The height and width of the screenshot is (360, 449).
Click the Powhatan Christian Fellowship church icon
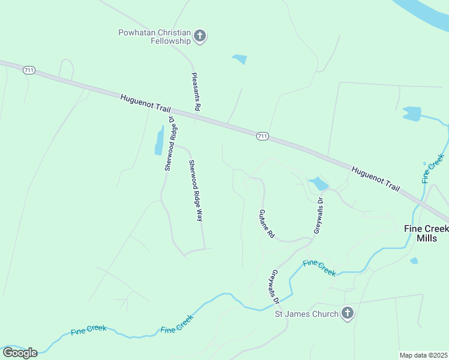(x=200, y=37)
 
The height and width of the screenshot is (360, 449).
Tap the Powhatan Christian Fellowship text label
(x=155, y=37)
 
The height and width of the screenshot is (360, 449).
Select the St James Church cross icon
(x=348, y=313)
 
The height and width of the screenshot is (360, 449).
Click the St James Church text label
(x=307, y=313)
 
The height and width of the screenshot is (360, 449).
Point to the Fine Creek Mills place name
(x=426, y=233)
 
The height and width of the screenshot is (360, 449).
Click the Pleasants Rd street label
(x=195, y=91)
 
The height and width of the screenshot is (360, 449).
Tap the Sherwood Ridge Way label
(x=195, y=191)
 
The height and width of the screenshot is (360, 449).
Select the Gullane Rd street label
(x=266, y=224)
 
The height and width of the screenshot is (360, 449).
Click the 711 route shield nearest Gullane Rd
(x=262, y=136)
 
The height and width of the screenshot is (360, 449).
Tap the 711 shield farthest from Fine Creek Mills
(x=28, y=71)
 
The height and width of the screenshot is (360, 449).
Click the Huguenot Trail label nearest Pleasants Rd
(x=146, y=103)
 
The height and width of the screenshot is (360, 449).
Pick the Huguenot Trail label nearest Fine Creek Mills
(x=375, y=179)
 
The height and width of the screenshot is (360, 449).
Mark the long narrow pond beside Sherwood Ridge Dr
(x=160, y=141)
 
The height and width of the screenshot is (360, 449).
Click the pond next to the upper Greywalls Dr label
(x=318, y=183)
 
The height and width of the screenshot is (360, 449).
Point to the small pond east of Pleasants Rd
(x=240, y=59)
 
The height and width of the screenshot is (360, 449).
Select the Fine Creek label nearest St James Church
(x=319, y=268)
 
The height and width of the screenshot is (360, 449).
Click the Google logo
(x=20, y=353)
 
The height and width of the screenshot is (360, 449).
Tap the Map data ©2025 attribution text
(x=424, y=355)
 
